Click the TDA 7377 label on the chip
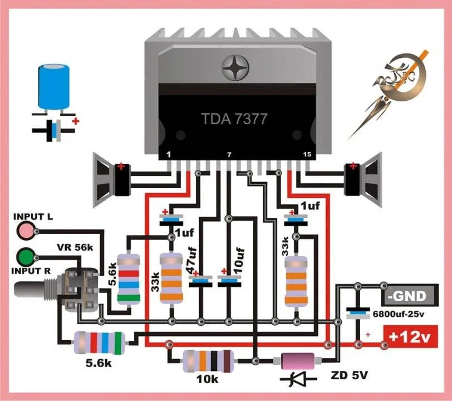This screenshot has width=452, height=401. coord(234,119)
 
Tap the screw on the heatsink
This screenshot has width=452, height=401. coord(235,67)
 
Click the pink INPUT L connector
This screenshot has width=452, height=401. coord(25,231)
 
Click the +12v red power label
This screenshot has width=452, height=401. coord(410,336)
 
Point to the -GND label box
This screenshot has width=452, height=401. coord(410,296)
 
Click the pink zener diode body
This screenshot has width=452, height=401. coord(297,361)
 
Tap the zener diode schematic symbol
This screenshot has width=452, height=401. coord(298,379)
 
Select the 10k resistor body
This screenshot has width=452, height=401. coord(208,361)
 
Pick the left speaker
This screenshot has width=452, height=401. coord(112,179)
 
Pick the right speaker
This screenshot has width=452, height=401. coord(362,179)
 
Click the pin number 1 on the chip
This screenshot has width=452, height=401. coord(168,154)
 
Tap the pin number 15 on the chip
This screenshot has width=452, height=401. coord(307,154)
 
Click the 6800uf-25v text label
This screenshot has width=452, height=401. coord(399,314)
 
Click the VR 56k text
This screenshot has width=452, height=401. coord(75,247)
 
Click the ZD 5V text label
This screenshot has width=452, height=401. coord(350,375)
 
